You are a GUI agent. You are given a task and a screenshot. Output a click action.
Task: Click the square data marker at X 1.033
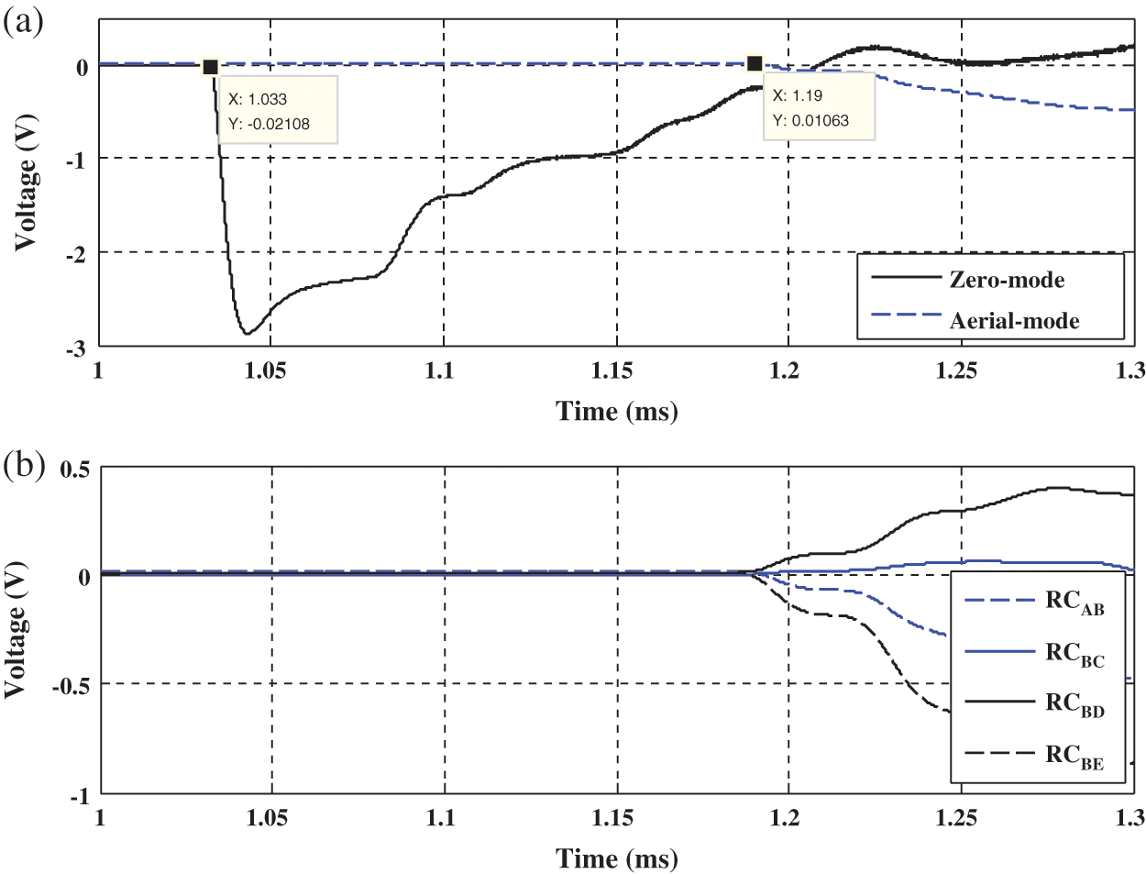210,67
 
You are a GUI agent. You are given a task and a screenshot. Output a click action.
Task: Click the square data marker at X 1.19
755,63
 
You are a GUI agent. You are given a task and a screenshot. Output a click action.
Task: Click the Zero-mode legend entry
1007,280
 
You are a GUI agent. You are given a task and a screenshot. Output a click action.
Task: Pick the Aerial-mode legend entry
1014,321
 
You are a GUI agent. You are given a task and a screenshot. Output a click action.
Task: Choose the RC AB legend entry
1074,602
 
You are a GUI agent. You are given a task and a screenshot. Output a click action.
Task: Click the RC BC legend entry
1074,653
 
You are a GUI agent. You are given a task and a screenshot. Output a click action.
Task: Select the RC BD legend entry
1074,703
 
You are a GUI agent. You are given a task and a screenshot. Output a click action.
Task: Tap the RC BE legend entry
1074,756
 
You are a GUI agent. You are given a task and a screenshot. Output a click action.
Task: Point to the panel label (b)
23,465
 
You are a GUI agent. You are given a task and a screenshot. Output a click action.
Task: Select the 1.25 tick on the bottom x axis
956,817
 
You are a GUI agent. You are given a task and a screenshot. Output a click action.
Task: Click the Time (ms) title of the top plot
617,411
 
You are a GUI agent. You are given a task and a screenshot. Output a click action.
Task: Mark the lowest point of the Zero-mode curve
247,333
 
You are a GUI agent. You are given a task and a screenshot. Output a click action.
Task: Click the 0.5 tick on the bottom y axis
75,470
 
